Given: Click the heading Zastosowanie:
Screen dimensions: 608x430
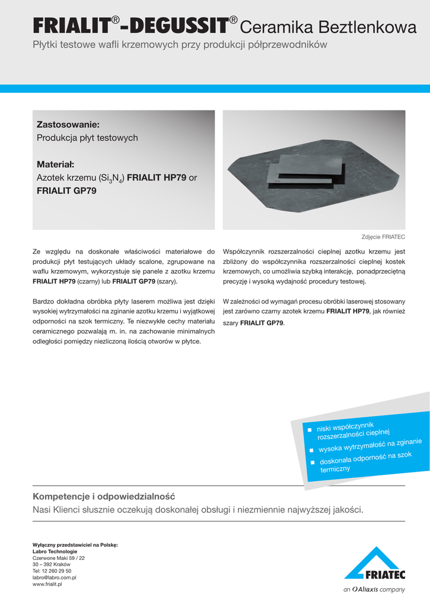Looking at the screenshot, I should (68, 125).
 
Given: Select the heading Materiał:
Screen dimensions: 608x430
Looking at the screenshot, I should (59, 164).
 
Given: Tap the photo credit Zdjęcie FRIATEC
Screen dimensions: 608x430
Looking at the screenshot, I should (383, 237).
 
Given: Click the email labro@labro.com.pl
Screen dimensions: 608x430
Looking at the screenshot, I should (54, 577).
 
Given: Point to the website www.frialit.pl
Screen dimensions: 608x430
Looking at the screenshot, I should (47, 584).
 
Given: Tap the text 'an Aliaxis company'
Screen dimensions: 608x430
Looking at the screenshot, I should (374, 590).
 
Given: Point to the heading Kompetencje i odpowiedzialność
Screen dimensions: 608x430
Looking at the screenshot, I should (104, 496).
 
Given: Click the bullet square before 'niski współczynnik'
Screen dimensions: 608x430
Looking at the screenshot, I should (309, 429).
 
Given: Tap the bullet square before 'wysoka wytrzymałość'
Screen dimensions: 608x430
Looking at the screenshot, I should (311, 450).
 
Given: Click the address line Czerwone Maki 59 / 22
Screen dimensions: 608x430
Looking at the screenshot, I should (59, 558).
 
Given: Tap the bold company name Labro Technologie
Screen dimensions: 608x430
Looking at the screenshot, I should (55, 551).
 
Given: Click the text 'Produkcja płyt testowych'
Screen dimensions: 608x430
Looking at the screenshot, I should (87, 138).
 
